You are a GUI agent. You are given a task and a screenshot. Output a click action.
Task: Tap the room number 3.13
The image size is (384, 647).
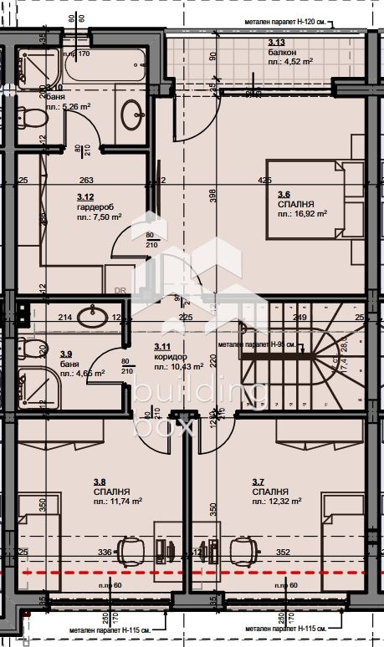click(x=276, y=43)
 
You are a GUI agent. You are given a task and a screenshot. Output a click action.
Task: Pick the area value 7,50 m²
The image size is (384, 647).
click(x=99, y=217)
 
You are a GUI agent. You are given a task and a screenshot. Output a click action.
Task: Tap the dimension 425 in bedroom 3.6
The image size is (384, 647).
click(x=264, y=180)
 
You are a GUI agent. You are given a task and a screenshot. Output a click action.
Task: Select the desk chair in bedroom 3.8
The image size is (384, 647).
click(x=130, y=550)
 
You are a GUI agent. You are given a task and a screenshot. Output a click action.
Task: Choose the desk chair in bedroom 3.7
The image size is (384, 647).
click(x=243, y=550)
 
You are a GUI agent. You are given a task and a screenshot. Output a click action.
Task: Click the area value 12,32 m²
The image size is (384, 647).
click(x=281, y=502)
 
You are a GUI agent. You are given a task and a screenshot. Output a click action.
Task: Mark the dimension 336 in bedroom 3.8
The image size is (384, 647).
click(x=105, y=552)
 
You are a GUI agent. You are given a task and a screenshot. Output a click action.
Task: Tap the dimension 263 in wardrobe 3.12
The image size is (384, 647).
click(x=85, y=180)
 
